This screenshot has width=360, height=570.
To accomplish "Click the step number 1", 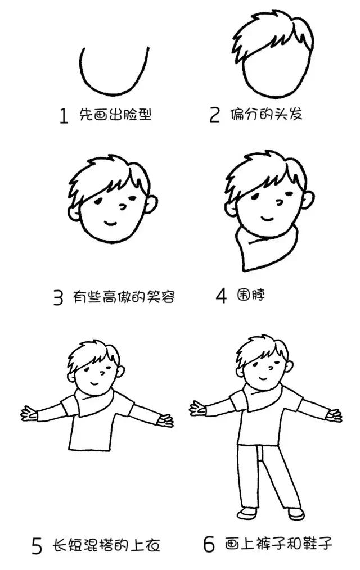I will [64, 116].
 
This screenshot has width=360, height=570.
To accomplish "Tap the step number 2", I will [214, 115].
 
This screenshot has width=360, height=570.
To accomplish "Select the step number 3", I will [58, 297].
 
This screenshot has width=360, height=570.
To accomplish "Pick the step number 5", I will [37, 546].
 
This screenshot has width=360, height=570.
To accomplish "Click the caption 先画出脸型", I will [115, 115].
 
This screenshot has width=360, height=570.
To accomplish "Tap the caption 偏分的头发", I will [266, 114].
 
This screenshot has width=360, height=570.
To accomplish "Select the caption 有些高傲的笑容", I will [124, 297].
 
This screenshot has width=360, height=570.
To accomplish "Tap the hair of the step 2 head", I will [270, 34].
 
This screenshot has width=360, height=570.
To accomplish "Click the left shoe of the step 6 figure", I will [246, 513].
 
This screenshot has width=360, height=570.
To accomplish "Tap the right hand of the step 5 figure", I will [165, 419].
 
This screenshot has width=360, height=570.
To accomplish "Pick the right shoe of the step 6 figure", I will [296, 513].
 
